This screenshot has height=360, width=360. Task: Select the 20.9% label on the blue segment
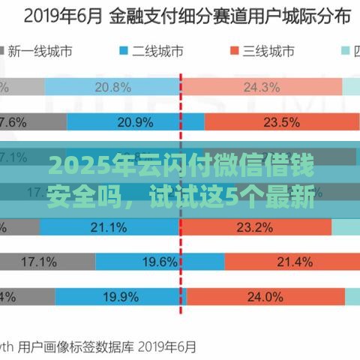tap(140, 121)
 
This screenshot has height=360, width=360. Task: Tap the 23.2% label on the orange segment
tap(274, 226)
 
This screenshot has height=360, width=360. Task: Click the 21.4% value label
tap(293, 261)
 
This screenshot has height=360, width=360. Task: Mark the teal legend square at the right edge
tap(346, 51)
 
